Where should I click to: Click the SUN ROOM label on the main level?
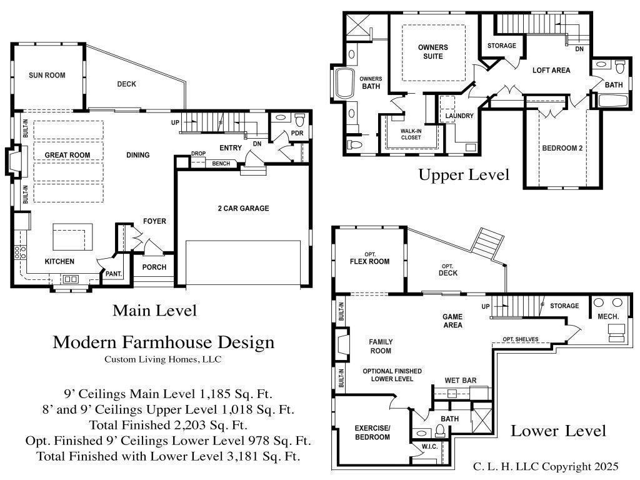[x=47, y=76]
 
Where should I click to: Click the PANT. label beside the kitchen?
[x=113, y=274]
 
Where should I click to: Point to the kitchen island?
[x=72, y=237]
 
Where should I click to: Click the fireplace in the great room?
[x=12, y=160]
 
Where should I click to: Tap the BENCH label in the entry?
[x=221, y=164]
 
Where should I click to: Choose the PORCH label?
[x=154, y=267]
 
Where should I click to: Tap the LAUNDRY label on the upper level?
[x=459, y=116]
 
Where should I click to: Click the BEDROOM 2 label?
[x=562, y=148]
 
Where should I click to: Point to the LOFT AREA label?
[x=551, y=71]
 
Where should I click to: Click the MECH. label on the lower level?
[x=608, y=317]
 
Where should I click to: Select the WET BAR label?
[x=461, y=380]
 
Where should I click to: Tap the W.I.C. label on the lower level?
[x=429, y=446]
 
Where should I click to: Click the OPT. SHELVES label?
[x=520, y=339]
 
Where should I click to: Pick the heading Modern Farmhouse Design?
[x=163, y=342]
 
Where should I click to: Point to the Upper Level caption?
[x=464, y=174]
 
